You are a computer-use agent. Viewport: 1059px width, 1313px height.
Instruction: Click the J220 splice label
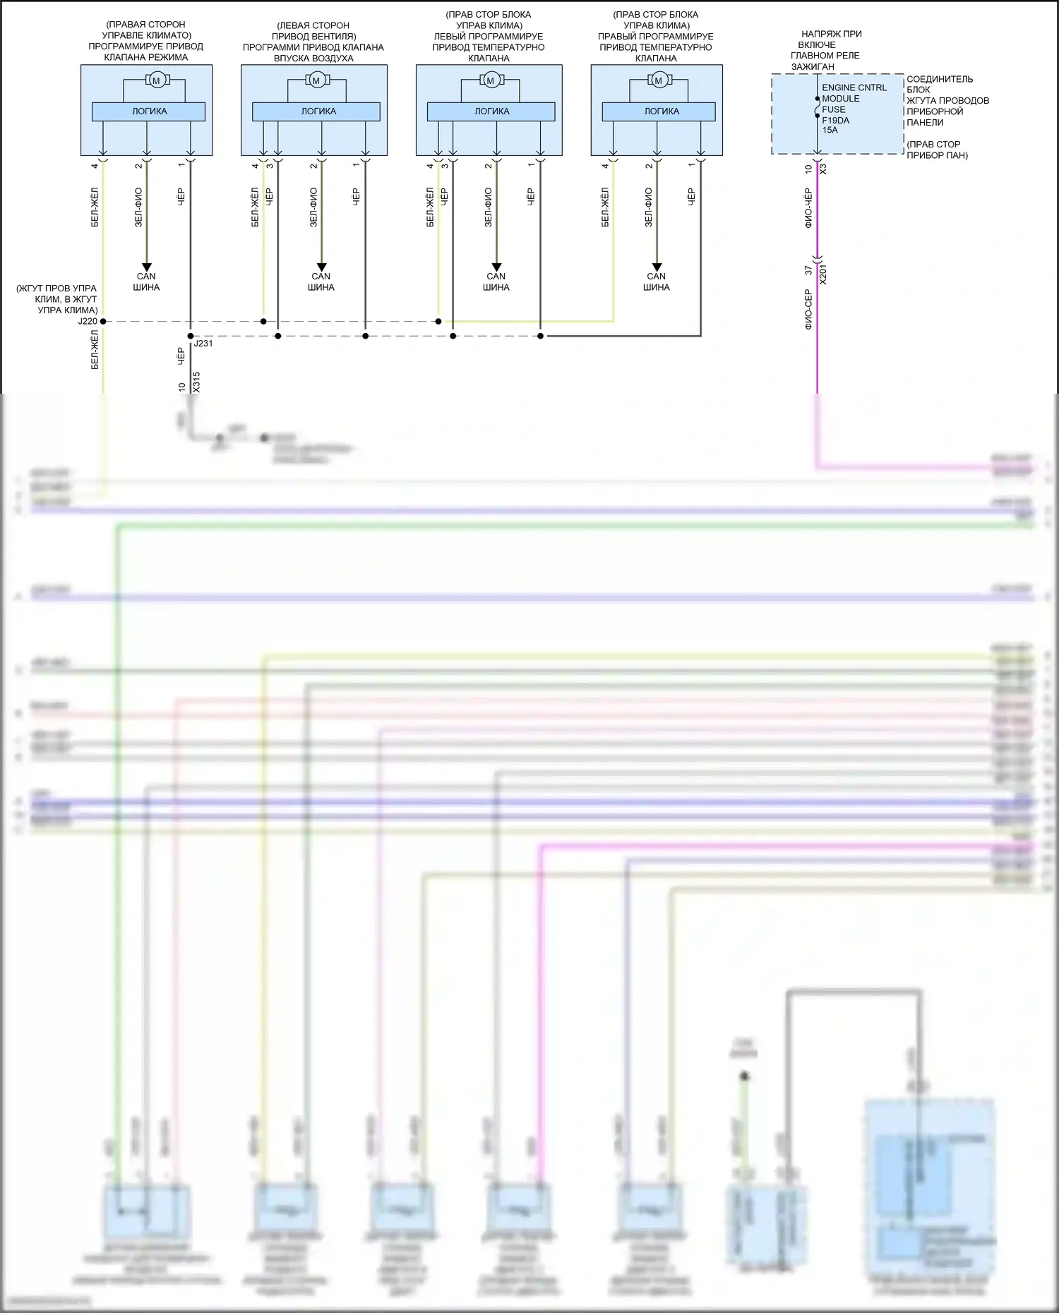[x=88, y=321]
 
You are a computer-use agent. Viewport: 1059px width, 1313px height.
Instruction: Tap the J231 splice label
[x=203, y=344]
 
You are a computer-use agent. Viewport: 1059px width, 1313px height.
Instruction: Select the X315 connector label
[x=196, y=382]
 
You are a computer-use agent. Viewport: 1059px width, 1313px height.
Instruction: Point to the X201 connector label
[x=823, y=274]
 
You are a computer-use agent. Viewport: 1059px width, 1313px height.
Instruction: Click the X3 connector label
[x=823, y=169]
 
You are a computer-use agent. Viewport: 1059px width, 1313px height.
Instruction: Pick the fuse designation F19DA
[x=835, y=120]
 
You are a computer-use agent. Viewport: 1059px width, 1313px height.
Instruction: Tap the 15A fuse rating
[x=830, y=130]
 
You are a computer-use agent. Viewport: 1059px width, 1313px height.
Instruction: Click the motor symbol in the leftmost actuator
[x=156, y=80]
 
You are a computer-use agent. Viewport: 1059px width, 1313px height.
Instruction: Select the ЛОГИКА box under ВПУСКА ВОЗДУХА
[x=316, y=111]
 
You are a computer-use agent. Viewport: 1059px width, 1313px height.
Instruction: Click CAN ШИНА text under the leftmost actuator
[x=146, y=282]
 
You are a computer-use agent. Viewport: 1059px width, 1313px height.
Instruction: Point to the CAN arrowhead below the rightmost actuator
[x=657, y=267]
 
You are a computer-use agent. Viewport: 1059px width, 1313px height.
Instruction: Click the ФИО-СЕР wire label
[x=808, y=309]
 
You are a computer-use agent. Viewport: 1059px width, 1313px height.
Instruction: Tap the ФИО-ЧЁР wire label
[x=808, y=207]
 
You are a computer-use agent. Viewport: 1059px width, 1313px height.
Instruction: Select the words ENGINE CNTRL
[x=854, y=87]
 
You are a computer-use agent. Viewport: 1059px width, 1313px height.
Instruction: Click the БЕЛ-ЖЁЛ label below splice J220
[x=95, y=350]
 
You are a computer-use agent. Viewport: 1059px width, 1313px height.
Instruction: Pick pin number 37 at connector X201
[x=808, y=270]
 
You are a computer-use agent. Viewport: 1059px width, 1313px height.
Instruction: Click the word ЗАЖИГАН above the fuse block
[x=812, y=66]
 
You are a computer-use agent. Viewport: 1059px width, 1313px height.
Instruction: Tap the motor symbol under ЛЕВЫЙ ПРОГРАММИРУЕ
[x=490, y=80]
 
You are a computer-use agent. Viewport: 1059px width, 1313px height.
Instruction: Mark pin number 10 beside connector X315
[x=182, y=387]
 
